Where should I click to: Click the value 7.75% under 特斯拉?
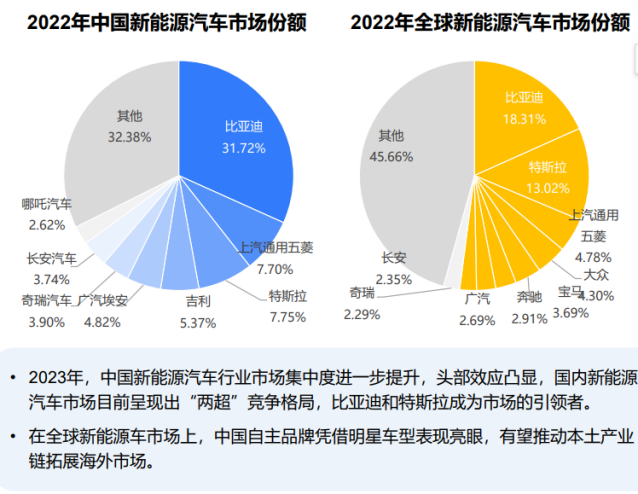tap(287, 317)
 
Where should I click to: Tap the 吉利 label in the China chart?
tap(197, 300)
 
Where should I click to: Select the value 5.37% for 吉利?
tap(197, 321)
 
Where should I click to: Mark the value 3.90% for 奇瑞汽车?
tap(46, 321)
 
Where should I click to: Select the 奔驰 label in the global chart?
tap(530, 297)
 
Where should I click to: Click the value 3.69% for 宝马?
tap(571, 312)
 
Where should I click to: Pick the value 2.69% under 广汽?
tap(477, 319)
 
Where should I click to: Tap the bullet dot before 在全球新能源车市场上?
tap(13, 435)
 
